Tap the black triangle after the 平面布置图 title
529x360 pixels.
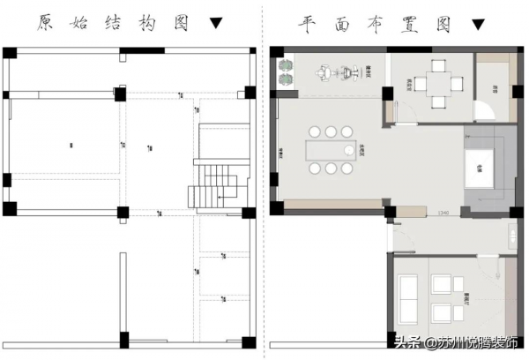(477, 24)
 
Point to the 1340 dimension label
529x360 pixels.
(444, 214)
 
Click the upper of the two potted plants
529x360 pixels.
(286, 64)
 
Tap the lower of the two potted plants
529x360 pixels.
(286, 79)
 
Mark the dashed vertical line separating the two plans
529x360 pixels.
(262, 176)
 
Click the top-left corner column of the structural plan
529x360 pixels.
(9, 49)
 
